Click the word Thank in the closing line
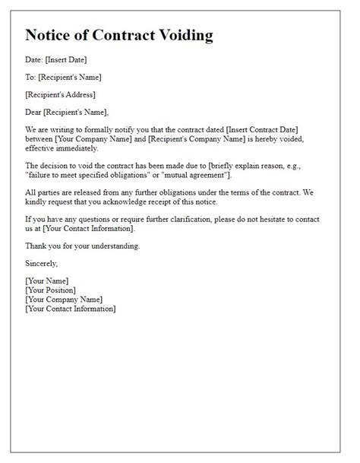point(36,246)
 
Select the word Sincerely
point(41,264)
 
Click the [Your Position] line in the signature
point(50,290)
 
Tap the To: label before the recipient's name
point(30,78)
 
